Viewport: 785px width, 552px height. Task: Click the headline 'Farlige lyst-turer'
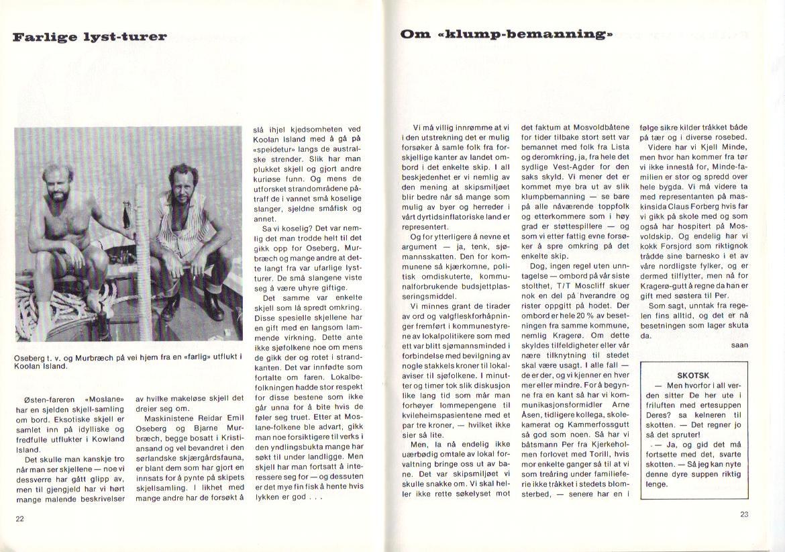coord(89,36)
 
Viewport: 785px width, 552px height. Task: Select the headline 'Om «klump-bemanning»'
coord(507,34)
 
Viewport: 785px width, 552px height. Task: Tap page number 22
coord(19,518)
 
